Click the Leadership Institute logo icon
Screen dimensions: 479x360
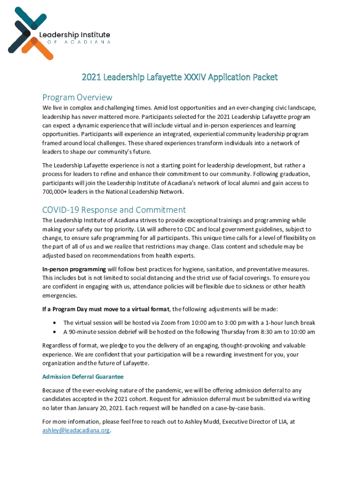(x=27, y=33)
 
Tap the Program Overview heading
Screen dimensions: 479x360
(x=77, y=97)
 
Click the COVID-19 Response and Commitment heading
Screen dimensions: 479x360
(x=114, y=210)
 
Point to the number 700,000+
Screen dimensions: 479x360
(x=56, y=192)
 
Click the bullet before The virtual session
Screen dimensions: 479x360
(x=56, y=323)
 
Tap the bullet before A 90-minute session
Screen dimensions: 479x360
(x=56, y=332)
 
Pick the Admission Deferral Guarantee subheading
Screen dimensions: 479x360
(x=83, y=377)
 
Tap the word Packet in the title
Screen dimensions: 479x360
(x=264, y=77)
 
